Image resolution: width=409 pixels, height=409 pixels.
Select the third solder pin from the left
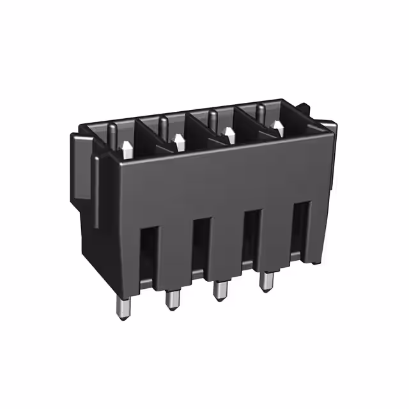(220, 291)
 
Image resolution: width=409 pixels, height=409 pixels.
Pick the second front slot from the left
(200, 245)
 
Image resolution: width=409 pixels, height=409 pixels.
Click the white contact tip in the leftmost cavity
(127, 150)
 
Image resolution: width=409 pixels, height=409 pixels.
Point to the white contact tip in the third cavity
(228, 135)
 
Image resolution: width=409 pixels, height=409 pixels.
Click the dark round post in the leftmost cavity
(112, 135)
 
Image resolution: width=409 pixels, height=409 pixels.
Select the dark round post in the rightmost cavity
(261, 112)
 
